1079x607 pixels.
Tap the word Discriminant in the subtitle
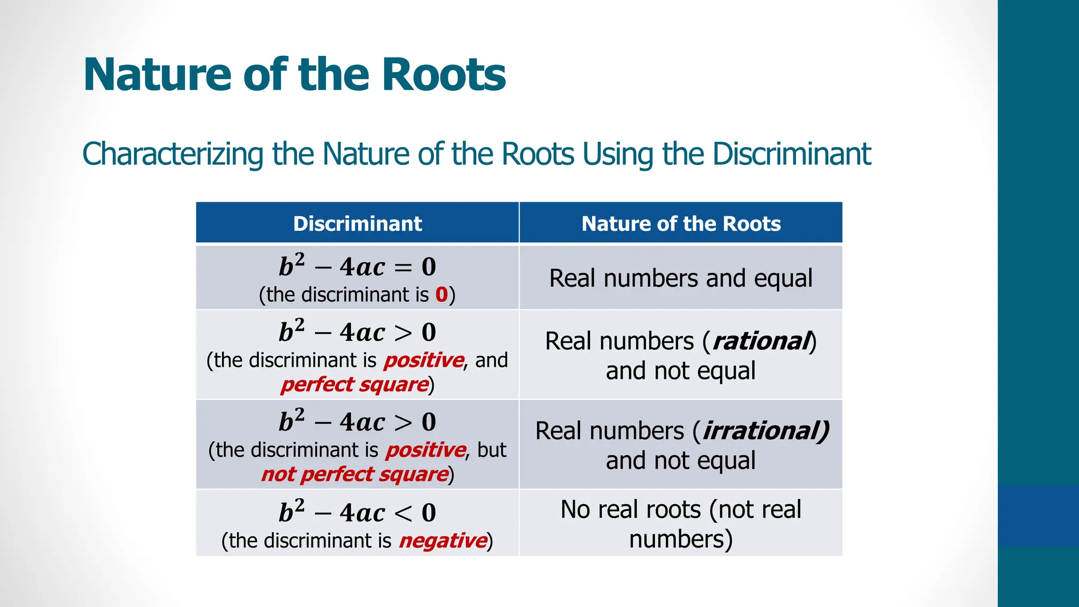791,154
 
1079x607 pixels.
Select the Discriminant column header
357,223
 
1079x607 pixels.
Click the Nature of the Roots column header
681,223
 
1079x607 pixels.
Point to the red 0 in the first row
442,295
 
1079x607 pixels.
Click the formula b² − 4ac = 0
357,266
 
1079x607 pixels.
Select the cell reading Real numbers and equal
681,278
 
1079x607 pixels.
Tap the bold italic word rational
761,341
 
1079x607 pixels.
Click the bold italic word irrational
765,431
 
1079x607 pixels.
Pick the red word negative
443,541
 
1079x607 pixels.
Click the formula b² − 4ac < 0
357,512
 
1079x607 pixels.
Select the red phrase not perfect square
355,474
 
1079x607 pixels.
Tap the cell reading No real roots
681,524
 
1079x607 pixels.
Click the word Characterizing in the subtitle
173,154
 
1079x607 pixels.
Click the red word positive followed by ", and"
424,360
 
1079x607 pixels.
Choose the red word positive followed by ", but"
426,450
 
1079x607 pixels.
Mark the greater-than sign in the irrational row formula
403,423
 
